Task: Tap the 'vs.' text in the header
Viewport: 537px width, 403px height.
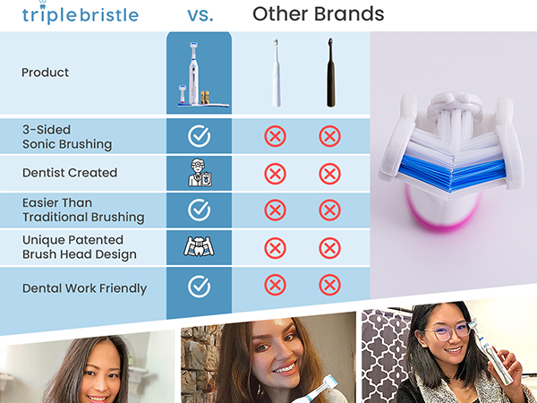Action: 199,14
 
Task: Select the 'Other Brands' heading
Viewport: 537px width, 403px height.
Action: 318,14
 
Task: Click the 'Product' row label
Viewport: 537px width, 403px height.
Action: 45,73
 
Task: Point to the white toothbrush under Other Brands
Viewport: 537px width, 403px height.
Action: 276,73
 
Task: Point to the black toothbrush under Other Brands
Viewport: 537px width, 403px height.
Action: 330,73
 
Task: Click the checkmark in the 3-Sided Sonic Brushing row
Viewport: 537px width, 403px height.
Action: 199,136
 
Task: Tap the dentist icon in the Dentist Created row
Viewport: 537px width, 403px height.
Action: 199,173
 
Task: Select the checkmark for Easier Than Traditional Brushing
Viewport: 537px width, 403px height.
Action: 199,210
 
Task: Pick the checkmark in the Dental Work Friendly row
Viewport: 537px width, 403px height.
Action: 199,287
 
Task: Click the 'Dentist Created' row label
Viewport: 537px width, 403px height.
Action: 70,173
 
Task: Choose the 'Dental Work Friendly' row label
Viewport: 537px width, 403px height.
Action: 84,288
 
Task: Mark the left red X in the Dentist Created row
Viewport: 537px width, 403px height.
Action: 276,174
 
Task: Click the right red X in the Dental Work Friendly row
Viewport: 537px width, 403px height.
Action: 330,286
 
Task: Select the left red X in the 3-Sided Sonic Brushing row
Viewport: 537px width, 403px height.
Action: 276,136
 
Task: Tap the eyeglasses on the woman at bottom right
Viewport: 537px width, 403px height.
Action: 448,330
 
